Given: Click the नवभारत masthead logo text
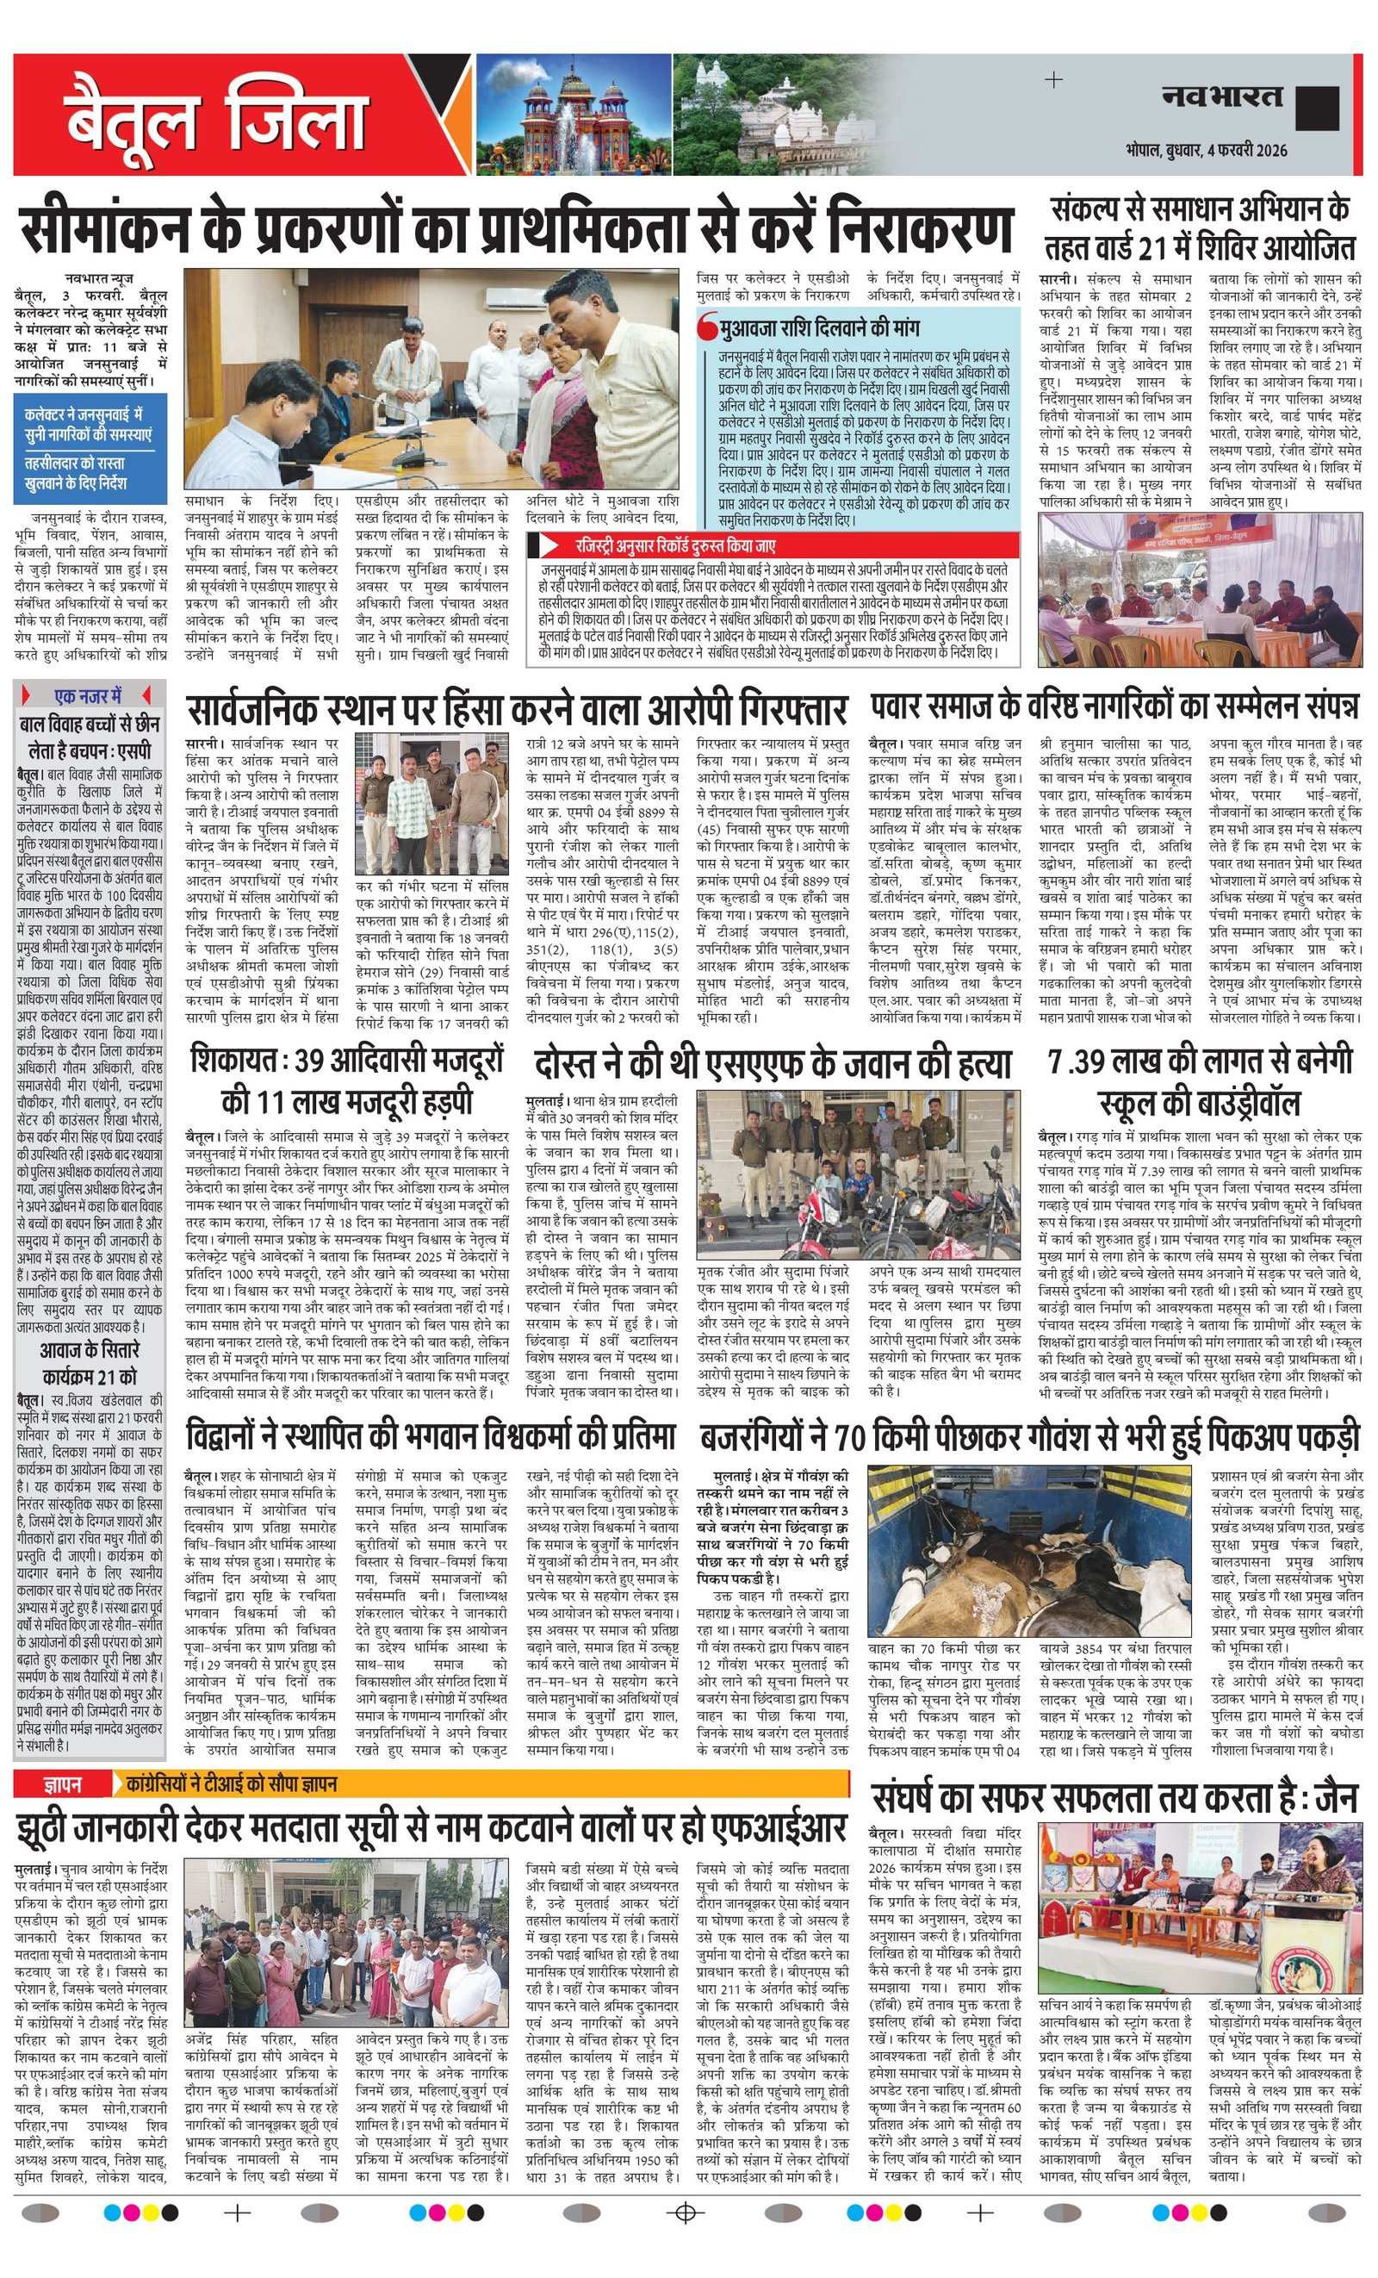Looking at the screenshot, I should pyautogui.click(x=1222, y=96).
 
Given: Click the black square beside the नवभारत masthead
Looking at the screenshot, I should pyautogui.click(x=1316, y=109).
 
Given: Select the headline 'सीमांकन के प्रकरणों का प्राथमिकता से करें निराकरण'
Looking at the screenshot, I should pyautogui.click(x=517, y=228).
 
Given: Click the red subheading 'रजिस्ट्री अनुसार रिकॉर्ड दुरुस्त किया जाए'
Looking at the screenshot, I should pyautogui.click(x=674, y=545).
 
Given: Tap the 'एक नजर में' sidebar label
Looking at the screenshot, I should pyautogui.click(x=89, y=695).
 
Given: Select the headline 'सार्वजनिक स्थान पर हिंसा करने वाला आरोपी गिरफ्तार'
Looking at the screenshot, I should pyautogui.click(x=517, y=710).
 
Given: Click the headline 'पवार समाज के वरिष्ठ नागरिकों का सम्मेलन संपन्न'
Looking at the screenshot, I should pyautogui.click(x=1114, y=708).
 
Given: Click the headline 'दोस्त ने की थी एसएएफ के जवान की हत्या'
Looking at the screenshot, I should pyautogui.click(x=773, y=1064).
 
